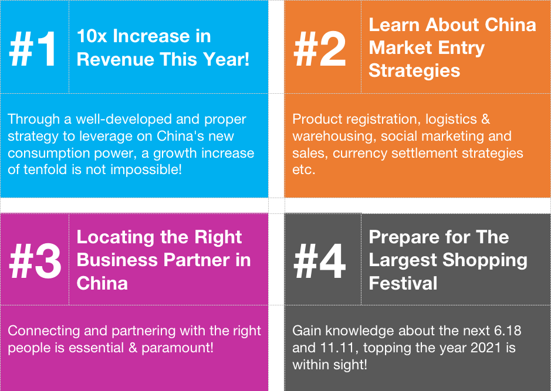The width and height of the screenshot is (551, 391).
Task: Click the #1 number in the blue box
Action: click(x=33, y=49)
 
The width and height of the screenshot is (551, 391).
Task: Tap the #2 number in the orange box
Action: click(x=320, y=49)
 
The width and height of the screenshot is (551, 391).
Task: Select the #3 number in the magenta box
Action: click(x=35, y=261)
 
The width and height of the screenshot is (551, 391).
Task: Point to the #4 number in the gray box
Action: click(x=320, y=261)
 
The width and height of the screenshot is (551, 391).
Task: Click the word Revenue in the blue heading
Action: click(x=114, y=59)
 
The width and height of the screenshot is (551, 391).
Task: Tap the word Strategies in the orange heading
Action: click(x=414, y=71)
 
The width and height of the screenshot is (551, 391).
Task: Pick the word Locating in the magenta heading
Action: click(x=115, y=237)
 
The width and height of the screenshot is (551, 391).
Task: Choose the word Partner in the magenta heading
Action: click(x=197, y=260)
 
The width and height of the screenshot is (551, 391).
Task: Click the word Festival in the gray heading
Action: click(x=403, y=283)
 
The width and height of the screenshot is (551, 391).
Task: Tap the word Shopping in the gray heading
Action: click(x=485, y=261)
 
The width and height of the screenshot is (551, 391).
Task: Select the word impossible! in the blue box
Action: click(x=146, y=170)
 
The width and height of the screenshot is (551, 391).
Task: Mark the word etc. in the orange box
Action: click(x=304, y=170)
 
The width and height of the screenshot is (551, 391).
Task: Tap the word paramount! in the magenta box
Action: click(x=177, y=348)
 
